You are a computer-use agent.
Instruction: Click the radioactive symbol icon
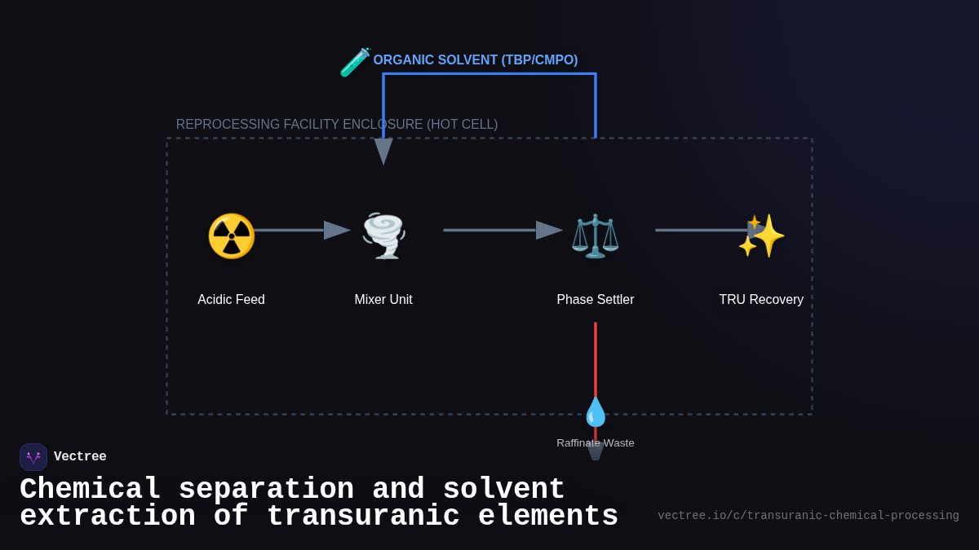tap(231, 236)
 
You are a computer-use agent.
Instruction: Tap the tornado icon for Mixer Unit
tap(383, 235)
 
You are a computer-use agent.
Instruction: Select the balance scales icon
tap(595, 236)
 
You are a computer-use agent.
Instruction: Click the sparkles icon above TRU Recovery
tap(761, 235)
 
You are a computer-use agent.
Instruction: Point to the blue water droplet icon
tap(596, 412)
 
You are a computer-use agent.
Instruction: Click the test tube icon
tap(355, 63)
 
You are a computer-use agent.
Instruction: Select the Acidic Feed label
tap(231, 300)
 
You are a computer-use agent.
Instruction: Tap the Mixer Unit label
tap(383, 300)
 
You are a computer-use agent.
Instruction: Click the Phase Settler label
tap(596, 300)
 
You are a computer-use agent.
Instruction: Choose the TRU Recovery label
tap(761, 300)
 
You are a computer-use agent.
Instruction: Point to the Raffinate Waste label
tap(596, 443)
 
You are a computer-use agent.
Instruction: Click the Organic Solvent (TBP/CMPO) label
tap(476, 60)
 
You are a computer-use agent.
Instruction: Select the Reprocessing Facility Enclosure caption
tap(337, 125)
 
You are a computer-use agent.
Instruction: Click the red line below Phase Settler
tap(596, 359)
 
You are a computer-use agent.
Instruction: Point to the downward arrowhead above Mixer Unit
tap(383, 152)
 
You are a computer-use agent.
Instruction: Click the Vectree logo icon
tap(33, 457)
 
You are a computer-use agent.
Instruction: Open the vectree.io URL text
tap(808, 516)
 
